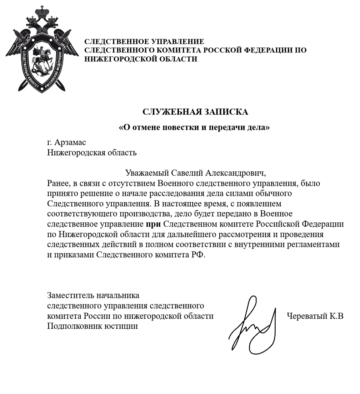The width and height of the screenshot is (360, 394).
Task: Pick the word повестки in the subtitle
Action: coord(177,127)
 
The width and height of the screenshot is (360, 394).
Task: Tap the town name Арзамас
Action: coord(71,143)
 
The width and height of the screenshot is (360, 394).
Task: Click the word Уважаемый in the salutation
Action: coord(144,173)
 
